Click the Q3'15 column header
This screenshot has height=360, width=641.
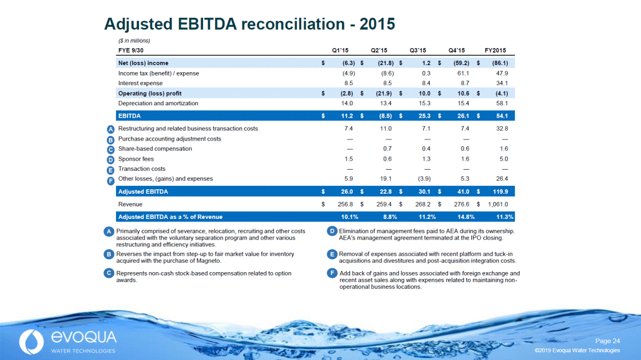pyautogui.click(x=418, y=50)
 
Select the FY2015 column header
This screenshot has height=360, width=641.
pyautogui.click(x=495, y=50)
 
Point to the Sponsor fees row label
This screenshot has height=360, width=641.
pyautogui.click(x=136, y=159)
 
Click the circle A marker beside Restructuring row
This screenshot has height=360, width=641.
pyautogui.click(x=111, y=129)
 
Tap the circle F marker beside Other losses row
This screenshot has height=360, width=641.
pyautogui.click(x=111, y=180)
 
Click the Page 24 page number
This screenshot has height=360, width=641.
pyautogui.click(x=607, y=341)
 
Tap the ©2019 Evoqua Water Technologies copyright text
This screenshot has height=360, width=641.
pyautogui.click(x=577, y=350)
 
